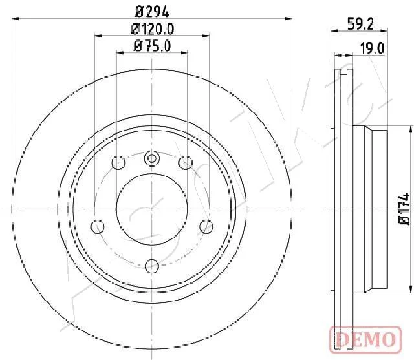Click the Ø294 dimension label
(x=152, y=12)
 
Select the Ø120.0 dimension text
(x=153, y=29)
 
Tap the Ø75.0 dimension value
(x=153, y=46)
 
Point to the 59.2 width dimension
(x=360, y=24)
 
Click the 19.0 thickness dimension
(x=373, y=48)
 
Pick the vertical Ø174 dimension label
(x=404, y=209)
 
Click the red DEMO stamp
(x=365, y=339)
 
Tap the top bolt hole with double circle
(x=152, y=158)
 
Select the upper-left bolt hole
(x=118, y=162)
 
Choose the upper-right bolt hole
(x=186, y=162)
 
